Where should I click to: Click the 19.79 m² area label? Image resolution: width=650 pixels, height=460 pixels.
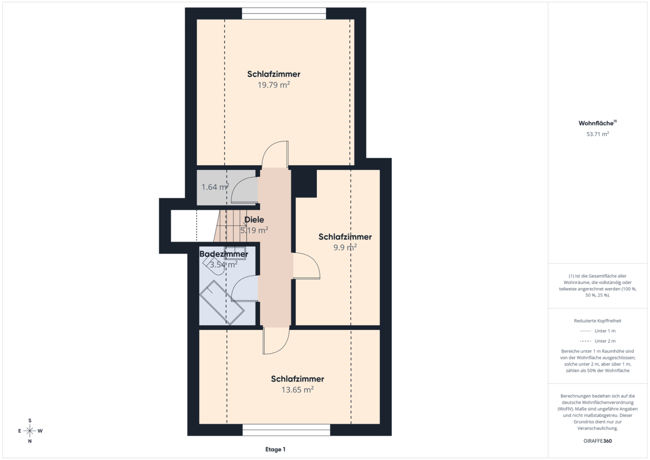click(x=274, y=85)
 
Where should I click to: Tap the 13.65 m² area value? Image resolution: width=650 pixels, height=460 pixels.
click(x=297, y=390)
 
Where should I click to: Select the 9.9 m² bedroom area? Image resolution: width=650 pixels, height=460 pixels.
click(x=344, y=247)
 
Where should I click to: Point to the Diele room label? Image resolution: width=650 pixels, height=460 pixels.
click(x=254, y=219)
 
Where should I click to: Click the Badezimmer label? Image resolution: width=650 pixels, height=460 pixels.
click(x=223, y=254)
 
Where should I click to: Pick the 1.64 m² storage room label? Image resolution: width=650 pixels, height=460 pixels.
click(x=216, y=187)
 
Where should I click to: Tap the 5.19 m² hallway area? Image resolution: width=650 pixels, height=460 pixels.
click(x=254, y=230)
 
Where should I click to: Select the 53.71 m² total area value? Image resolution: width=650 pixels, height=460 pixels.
click(x=597, y=134)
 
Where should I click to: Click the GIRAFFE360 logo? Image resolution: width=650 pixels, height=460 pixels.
click(x=597, y=441)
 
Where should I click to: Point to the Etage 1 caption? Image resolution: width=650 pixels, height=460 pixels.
click(x=275, y=449)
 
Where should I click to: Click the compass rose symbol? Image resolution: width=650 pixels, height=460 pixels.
click(x=30, y=431)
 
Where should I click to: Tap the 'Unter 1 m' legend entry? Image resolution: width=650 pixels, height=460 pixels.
click(x=597, y=331)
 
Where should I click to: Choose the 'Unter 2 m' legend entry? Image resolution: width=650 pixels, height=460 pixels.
click(x=597, y=341)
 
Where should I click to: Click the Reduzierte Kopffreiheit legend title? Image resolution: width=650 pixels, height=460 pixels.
click(x=597, y=321)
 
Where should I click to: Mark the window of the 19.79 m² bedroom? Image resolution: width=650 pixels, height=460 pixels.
click(x=284, y=14)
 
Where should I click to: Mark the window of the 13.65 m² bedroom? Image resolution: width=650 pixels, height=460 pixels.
click(x=287, y=430)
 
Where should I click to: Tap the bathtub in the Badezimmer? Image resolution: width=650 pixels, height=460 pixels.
click(x=222, y=302)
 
